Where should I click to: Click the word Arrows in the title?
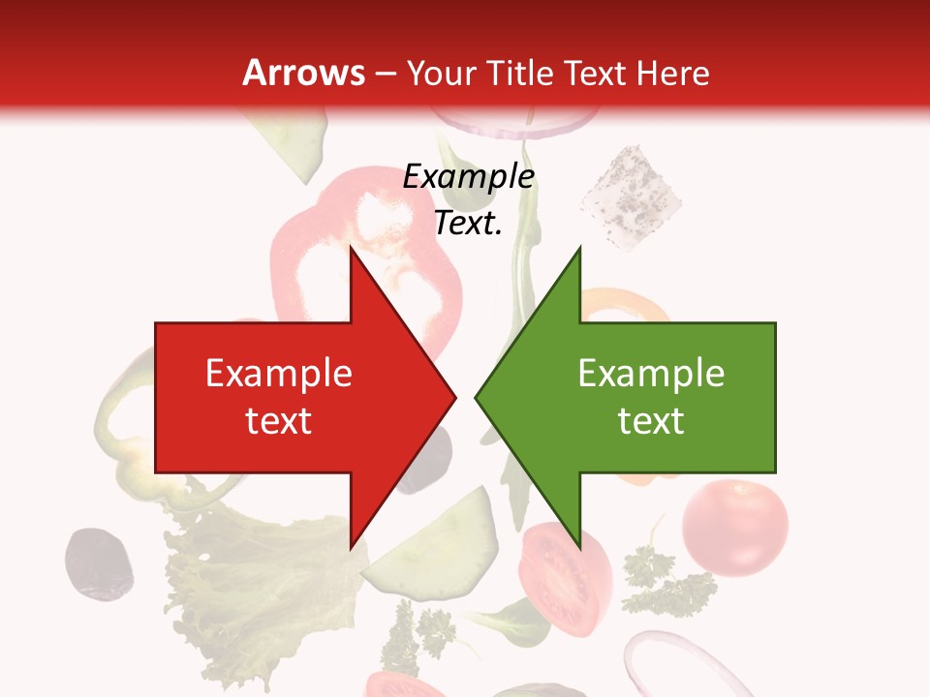point(304,73)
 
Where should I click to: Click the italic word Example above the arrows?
point(469,177)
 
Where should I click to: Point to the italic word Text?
point(467,224)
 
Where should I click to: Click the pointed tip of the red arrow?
point(455,397)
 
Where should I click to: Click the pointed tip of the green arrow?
point(476,397)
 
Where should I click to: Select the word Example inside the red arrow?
point(279,374)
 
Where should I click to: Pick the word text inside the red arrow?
point(279,421)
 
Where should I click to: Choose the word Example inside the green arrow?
point(651,374)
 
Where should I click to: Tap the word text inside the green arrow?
point(651,421)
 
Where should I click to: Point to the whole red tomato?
point(734,529)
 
